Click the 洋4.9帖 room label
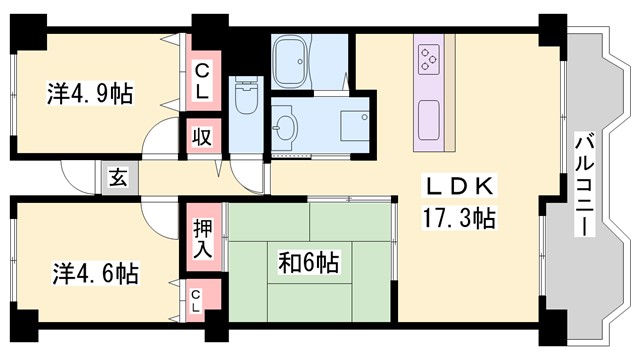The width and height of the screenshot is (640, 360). (x=90, y=96)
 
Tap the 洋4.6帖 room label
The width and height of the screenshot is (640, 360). (x=96, y=272)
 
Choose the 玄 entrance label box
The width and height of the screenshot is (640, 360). (x=117, y=179)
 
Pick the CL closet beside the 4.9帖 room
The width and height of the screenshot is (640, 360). (x=201, y=81)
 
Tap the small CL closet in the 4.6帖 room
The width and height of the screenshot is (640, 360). (x=197, y=298)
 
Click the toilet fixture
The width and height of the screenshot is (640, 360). (x=245, y=100)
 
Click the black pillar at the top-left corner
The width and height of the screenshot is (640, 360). (x=28, y=27)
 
